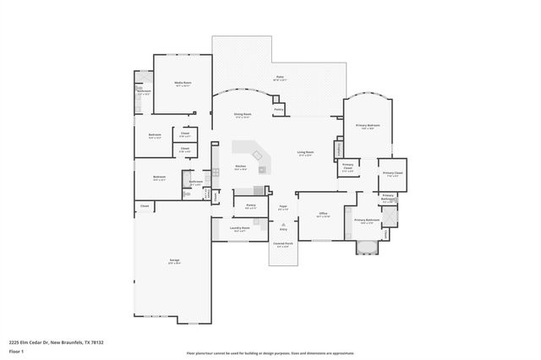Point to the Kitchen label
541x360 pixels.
point(240,166)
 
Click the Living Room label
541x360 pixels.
point(305,153)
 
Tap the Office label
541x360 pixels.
point(323,214)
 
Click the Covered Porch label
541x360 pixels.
point(282,245)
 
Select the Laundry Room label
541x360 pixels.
point(240,228)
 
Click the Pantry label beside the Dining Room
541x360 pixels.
point(278,109)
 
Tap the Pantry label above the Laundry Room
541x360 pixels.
point(251,205)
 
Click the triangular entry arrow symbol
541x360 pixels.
point(283,222)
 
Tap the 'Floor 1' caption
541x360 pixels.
point(16,352)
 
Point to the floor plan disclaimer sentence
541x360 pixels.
point(270,352)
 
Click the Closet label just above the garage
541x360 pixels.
point(145,205)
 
